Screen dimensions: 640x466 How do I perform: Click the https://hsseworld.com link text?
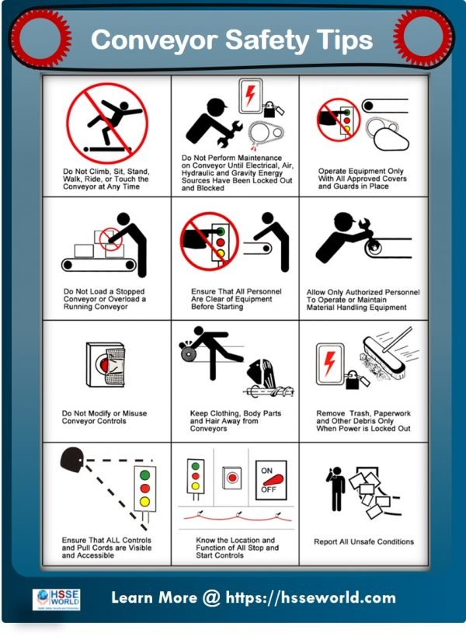(x=311, y=598)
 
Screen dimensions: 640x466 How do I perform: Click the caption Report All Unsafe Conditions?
(x=363, y=541)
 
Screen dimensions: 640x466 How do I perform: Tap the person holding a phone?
(x=336, y=489)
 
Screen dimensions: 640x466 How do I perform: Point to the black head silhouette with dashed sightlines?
(x=72, y=461)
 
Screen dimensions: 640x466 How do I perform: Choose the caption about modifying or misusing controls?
(x=104, y=417)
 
